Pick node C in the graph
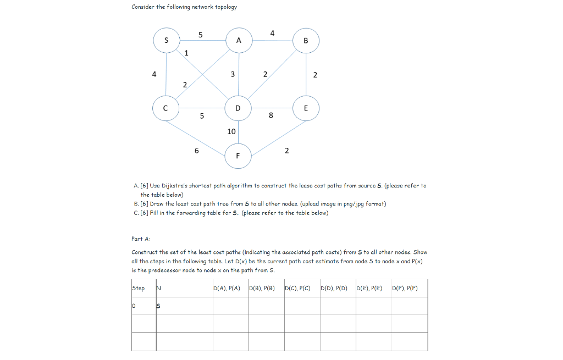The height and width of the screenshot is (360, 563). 166,108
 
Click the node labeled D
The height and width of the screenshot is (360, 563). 238,108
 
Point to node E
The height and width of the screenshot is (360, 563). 306,108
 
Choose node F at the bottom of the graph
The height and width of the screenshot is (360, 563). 238,156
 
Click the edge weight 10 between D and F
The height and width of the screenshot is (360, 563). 231,131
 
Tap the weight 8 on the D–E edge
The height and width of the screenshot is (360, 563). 271,115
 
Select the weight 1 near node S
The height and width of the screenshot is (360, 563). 186,53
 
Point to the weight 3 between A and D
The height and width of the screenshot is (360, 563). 233,74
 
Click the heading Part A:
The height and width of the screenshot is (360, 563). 141,239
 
